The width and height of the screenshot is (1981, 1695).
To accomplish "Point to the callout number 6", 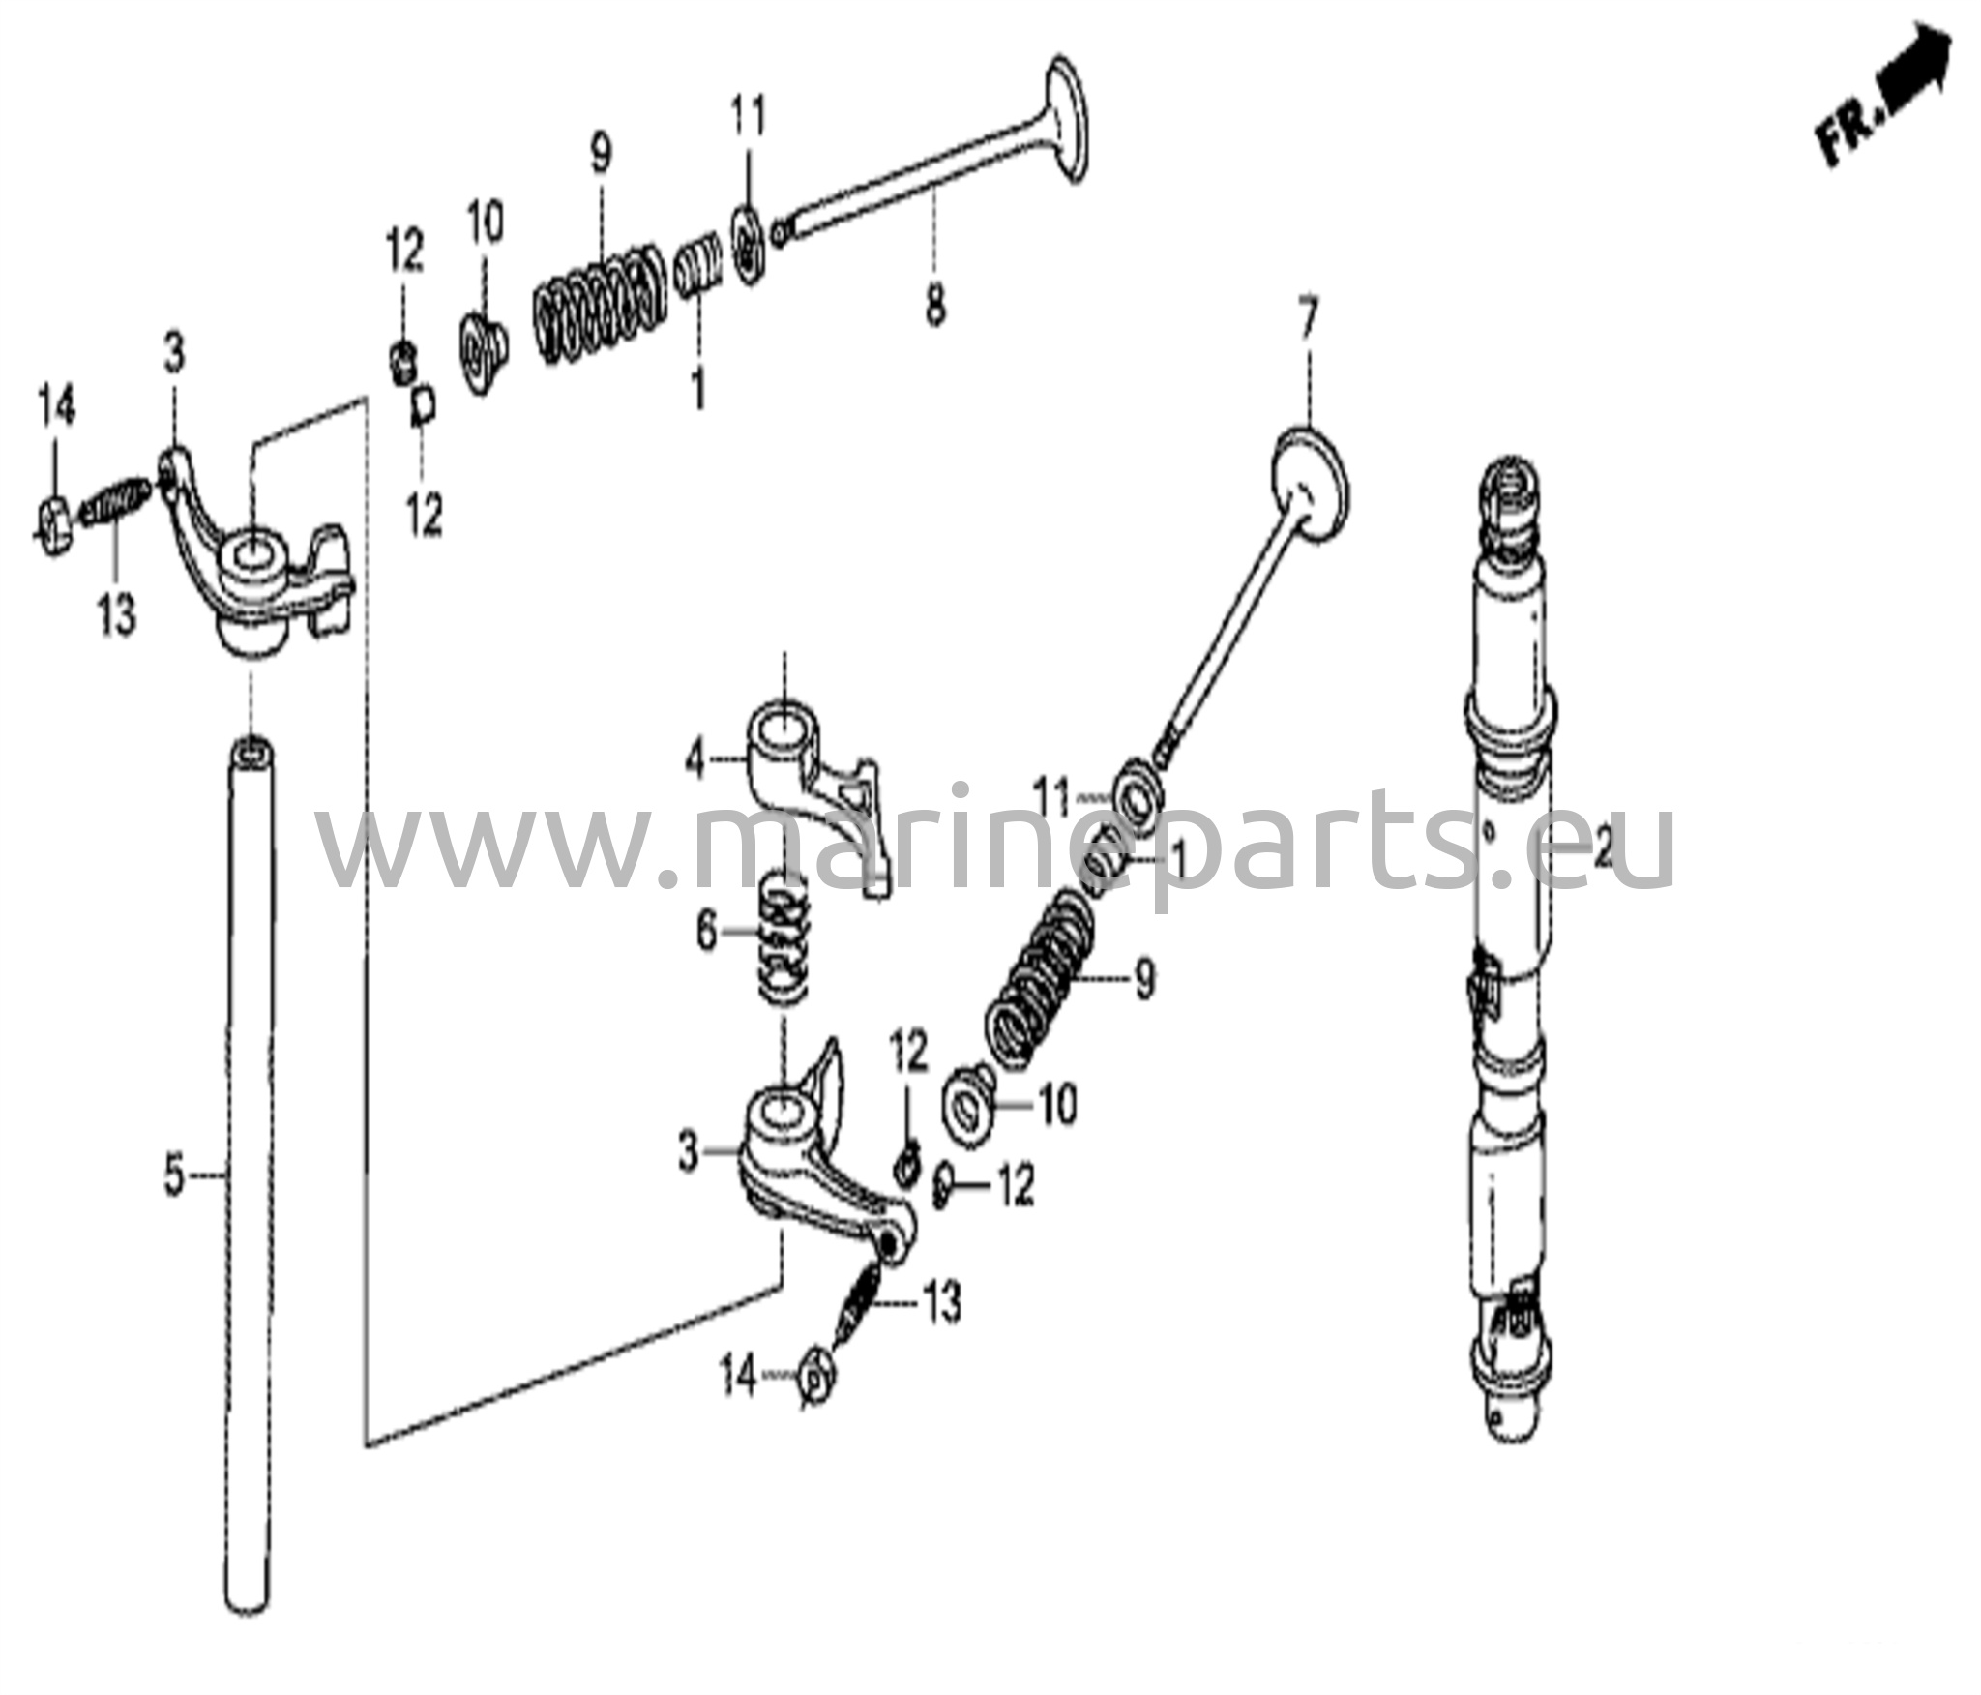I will pyautogui.click(x=707, y=933).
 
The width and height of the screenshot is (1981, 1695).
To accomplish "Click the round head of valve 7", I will pyautogui.click(x=1309, y=484).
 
